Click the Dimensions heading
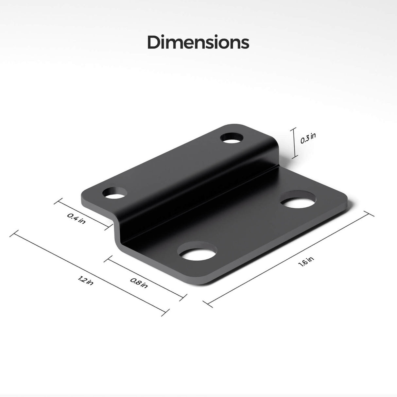tap(198, 43)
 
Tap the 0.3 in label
tap(308, 139)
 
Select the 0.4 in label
tap(77, 218)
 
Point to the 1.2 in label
tap(86, 280)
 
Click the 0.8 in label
tap(139, 283)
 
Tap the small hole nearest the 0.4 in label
tap(115, 193)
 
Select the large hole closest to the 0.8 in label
tap(198, 252)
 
